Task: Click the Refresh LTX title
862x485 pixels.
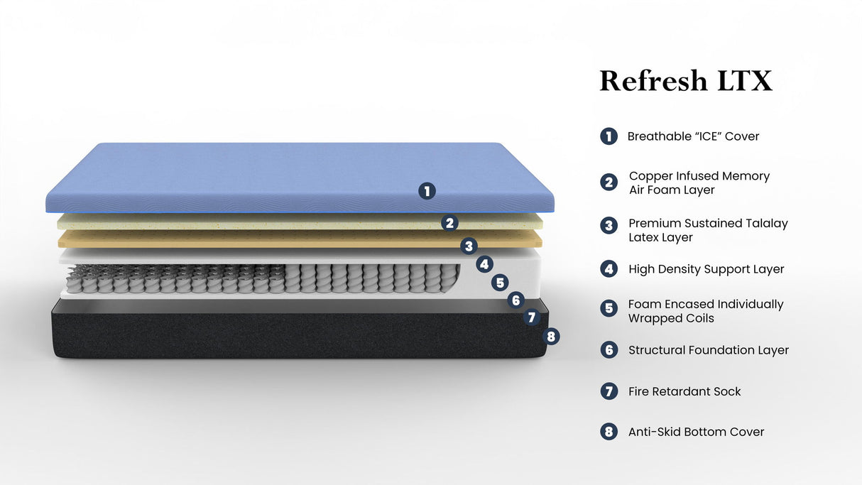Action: [685, 81]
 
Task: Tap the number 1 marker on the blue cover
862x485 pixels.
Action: [426, 190]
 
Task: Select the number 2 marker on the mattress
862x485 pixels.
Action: [449, 223]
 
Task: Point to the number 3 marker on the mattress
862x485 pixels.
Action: [468, 246]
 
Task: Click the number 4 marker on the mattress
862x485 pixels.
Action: [484, 265]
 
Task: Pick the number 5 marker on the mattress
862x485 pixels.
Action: [501, 283]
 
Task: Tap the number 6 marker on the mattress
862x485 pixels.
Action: [516, 300]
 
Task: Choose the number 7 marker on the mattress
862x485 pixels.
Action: [533, 317]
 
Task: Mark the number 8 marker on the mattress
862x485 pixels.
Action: [551, 337]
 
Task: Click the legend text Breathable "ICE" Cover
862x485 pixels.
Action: [693, 136]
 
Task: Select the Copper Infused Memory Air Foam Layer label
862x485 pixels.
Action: [699, 183]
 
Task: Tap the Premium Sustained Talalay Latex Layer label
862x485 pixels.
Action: [708, 230]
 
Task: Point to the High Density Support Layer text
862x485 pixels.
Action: [706, 269]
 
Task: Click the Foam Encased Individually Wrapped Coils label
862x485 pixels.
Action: [705, 311]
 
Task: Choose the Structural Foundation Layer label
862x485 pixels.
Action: [708, 350]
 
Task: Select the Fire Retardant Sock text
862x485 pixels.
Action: [684, 391]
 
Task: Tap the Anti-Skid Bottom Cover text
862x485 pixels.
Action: [696, 432]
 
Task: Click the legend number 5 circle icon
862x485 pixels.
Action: [609, 308]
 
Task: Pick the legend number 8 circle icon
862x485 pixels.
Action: [609, 432]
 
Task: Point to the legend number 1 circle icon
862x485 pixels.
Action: [609, 136]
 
